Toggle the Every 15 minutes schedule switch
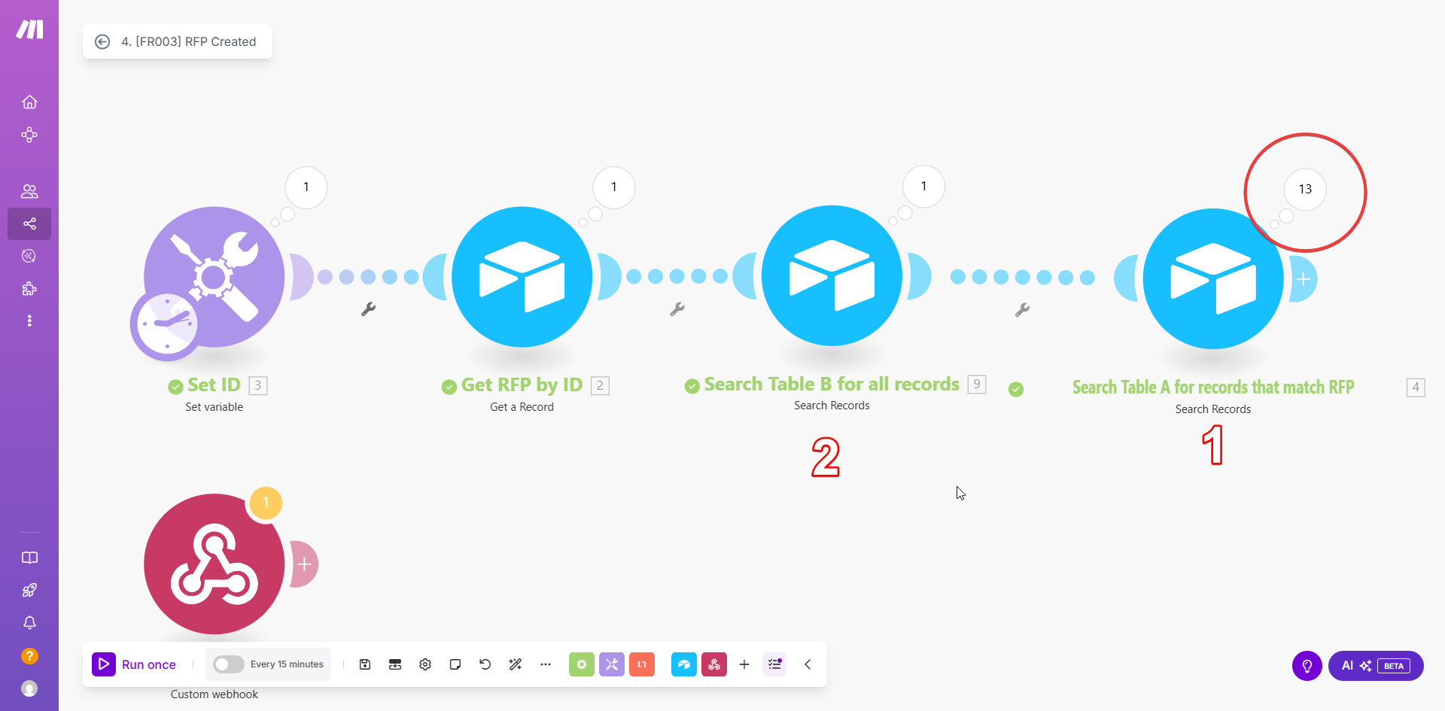[228, 664]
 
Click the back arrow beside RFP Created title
[102, 41]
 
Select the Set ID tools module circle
[214, 277]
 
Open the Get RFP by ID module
[522, 277]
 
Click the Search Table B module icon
[832, 275]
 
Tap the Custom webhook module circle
[214, 564]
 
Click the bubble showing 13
[1305, 189]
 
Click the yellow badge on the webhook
[266, 503]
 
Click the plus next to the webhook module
[304, 564]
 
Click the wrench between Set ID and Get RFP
[368, 308]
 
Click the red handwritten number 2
[826, 457]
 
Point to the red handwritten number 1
[1212, 445]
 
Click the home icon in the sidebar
[29, 102]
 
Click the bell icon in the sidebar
[29, 623]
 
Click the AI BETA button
[1376, 666]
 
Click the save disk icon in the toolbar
[365, 664]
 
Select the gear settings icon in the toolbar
[425, 664]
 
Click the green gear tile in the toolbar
[581, 664]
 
